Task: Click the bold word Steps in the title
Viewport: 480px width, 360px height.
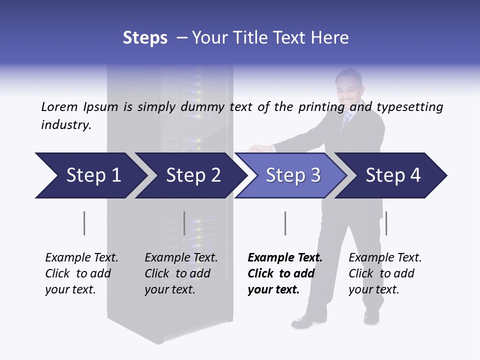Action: click(145, 38)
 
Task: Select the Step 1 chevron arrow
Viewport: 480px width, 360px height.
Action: click(90, 175)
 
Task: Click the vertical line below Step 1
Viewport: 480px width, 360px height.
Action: click(84, 223)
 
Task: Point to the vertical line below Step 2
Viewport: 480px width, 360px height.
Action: click(184, 223)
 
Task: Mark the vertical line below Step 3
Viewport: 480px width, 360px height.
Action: click(285, 223)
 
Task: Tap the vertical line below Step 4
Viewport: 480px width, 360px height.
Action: click(386, 223)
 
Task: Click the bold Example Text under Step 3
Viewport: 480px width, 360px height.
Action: click(285, 258)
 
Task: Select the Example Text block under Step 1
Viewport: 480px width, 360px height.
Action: click(81, 273)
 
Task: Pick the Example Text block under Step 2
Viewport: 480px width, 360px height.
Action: click(181, 273)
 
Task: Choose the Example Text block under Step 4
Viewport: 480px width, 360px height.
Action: click(385, 273)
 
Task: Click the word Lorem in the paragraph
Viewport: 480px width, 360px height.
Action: click(59, 107)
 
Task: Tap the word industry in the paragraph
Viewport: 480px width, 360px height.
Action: click(66, 125)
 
